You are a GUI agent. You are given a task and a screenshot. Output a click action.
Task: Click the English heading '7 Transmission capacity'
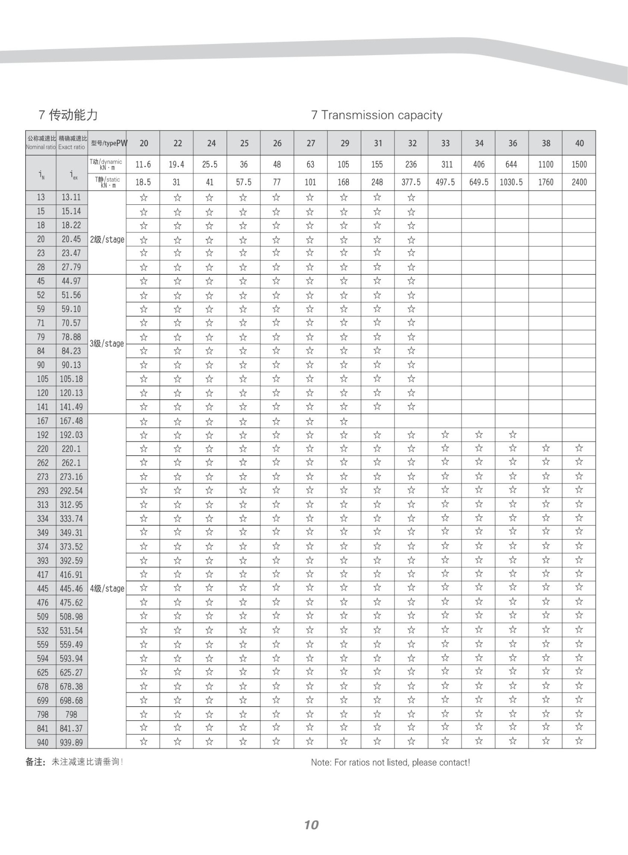coord(377,115)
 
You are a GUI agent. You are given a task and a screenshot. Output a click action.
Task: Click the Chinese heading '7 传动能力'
coord(68,115)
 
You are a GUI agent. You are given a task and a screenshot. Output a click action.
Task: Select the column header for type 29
coord(345,143)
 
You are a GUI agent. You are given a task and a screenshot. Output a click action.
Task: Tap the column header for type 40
coord(579,143)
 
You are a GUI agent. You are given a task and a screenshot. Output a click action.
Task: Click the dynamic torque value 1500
coord(579,165)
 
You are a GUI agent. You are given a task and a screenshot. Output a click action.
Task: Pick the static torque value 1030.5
coord(511,182)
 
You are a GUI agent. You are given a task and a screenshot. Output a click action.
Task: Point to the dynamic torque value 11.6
coord(143,165)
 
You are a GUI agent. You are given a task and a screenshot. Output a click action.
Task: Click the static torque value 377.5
coord(411,182)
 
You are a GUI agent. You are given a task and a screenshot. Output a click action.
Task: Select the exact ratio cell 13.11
coord(71,198)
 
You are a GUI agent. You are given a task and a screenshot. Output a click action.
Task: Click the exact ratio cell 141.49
coord(71,407)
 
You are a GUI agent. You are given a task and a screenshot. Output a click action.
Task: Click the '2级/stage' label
coord(107,239)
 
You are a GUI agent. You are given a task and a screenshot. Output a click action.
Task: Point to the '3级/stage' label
coord(107,344)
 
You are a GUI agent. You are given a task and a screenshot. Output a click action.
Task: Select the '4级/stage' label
coord(107,589)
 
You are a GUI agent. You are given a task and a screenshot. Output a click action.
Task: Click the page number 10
coord(311,825)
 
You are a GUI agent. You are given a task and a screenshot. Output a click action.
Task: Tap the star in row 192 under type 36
coord(513,435)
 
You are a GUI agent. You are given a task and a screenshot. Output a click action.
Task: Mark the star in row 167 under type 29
coord(344,422)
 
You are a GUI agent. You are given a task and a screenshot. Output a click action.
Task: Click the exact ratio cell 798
coord(71,714)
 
